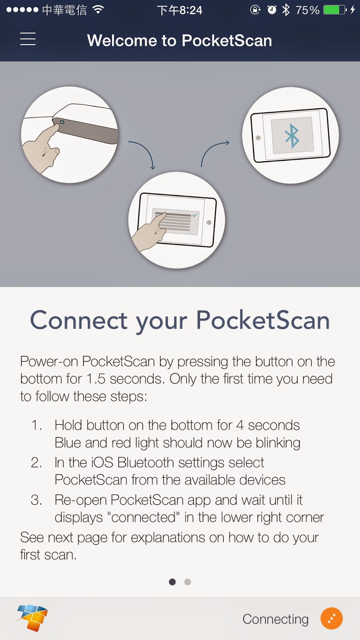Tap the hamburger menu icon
click(28, 39)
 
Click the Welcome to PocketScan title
click(180, 40)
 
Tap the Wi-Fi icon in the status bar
click(98, 10)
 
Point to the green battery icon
click(334, 10)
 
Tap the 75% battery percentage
click(307, 10)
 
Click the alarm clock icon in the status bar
click(272, 10)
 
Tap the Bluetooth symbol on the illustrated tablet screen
click(292, 136)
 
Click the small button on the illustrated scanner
click(62, 122)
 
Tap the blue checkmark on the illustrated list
click(195, 215)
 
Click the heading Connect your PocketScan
click(180, 320)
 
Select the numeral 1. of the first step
click(36, 425)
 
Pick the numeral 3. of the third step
click(36, 500)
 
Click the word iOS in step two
click(102, 462)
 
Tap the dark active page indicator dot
click(172, 582)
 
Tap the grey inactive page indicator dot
click(188, 582)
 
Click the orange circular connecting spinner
click(332, 618)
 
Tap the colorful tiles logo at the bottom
click(32, 617)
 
